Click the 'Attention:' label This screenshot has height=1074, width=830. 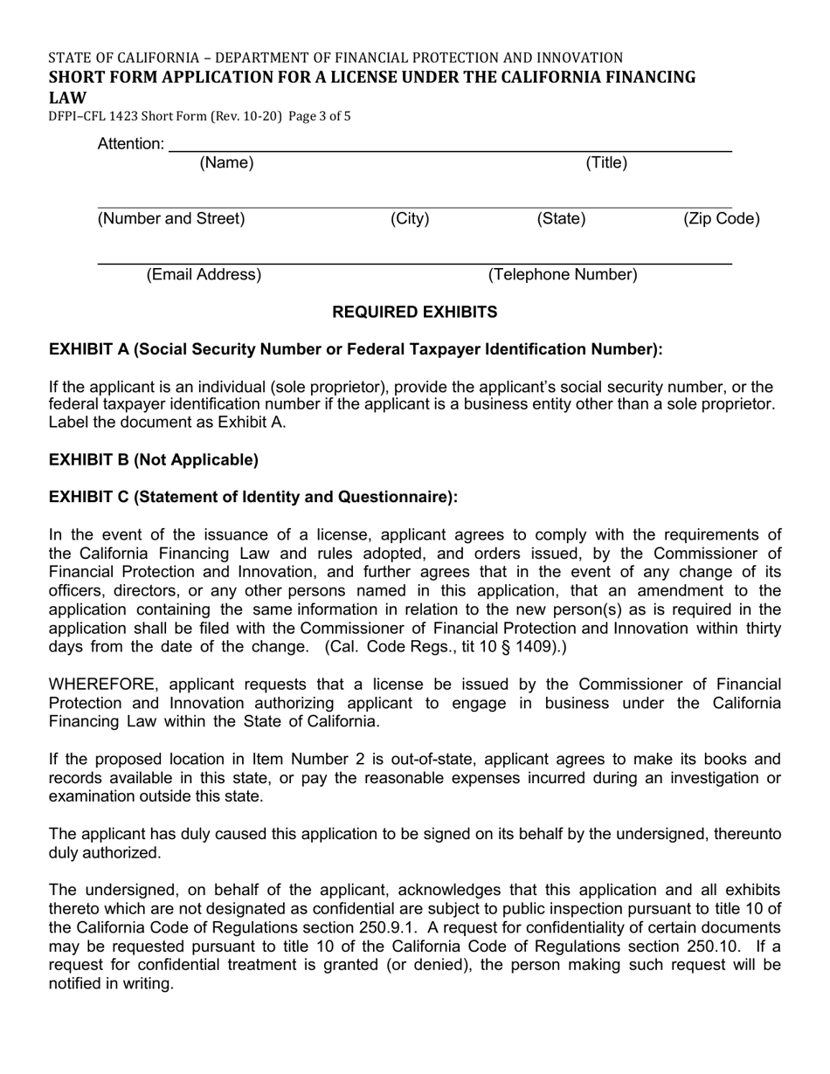130,144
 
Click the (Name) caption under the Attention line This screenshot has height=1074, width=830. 226,162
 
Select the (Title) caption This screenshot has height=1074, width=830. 606,162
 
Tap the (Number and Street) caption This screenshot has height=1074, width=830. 171,219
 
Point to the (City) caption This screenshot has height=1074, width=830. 410,219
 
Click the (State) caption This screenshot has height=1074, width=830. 561,219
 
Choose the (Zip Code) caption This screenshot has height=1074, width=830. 721,219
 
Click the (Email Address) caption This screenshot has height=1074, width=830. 204,275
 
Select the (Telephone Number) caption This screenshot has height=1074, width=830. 563,275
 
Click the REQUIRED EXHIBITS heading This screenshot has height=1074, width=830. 415,313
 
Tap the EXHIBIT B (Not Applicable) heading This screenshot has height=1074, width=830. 154,460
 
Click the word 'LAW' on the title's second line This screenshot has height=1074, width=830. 67,97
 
